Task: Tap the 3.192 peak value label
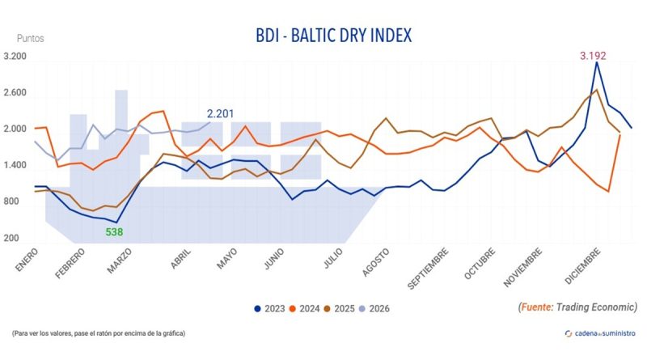click(593, 56)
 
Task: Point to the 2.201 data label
click(221, 113)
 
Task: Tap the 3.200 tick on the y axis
click(15, 57)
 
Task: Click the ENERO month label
click(27, 260)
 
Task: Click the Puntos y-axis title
click(31, 38)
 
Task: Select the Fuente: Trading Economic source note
click(577, 307)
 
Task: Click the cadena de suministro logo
click(599, 333)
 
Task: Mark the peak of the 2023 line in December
click(597, 62)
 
